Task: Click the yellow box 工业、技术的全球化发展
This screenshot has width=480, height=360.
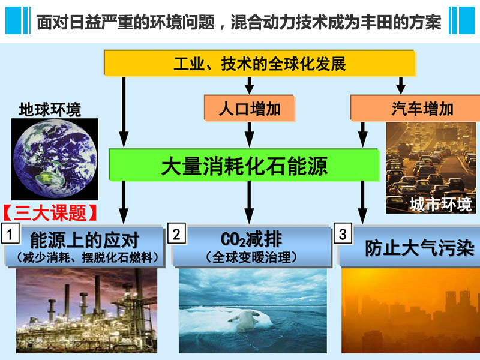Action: pos(260,63)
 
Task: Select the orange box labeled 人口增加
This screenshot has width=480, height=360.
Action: pos(250,109)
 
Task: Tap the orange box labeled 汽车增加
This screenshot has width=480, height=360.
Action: pos(415,108)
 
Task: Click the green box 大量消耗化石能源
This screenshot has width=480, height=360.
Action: pos(244,166)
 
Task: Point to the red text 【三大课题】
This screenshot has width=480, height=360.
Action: pos(50,213)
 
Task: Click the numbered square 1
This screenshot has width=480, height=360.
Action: pos(10,234)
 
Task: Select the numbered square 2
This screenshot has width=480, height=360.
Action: pos(176,234)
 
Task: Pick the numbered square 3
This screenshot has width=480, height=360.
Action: pos(343,234)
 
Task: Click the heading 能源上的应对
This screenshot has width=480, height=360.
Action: pos(85,240)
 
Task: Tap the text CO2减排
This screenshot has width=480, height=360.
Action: pos(251,239)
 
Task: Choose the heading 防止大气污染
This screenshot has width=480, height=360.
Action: pos(419,248)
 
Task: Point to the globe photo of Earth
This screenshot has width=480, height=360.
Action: pos(55,159)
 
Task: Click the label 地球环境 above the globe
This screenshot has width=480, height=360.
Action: pos(50,110)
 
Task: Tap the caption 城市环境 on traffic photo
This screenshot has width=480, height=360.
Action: pos(440,204)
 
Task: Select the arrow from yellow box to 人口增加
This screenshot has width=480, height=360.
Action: pos(250,85)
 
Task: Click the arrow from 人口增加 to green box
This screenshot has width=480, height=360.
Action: pos(250,135)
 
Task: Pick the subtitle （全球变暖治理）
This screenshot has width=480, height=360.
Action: pos(251,257)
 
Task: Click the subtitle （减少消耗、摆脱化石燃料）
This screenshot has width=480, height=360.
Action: pos(87,257)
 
